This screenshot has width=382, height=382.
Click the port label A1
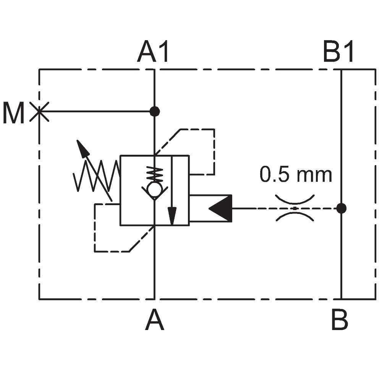click(153, 52)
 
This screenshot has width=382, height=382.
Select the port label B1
click(338, 52)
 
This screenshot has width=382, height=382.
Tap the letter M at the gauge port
click(13, 113)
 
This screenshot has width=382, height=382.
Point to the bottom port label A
click(154, 319)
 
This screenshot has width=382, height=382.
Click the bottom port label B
click(340, 319)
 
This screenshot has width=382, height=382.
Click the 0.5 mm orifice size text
click(296, 174)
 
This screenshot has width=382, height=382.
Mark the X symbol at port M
click(39, 112)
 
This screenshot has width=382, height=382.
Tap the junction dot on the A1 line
click(154, 112)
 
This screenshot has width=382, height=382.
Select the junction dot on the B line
click(341, 208)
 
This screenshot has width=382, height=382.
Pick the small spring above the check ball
click(154, 174)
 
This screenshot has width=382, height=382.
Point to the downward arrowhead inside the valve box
click(172, 216)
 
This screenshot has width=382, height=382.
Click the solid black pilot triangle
click(220, 208)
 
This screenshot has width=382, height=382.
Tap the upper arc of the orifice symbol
click(295, 200)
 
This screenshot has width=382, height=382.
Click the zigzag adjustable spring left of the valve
click(97, 176)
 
